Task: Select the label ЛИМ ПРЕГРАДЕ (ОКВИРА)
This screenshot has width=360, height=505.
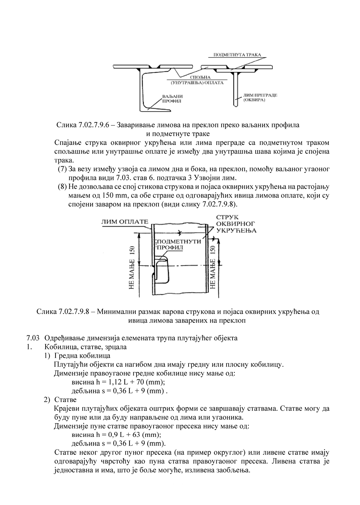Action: tap(260, 97)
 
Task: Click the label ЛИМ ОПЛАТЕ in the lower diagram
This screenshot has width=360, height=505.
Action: tap(125, 221)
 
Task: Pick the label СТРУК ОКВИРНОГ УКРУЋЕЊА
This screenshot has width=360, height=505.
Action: tap(236, 224)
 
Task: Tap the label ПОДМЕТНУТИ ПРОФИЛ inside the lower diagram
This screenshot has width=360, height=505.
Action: tap(179, 244)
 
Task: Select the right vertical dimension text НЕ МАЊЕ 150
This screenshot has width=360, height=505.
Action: tap(213, 268)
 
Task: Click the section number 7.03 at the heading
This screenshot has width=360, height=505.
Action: tap(33, 338)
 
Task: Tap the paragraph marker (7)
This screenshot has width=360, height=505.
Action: tap(62, 169)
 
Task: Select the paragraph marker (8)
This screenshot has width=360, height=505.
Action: tap(62, 187)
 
